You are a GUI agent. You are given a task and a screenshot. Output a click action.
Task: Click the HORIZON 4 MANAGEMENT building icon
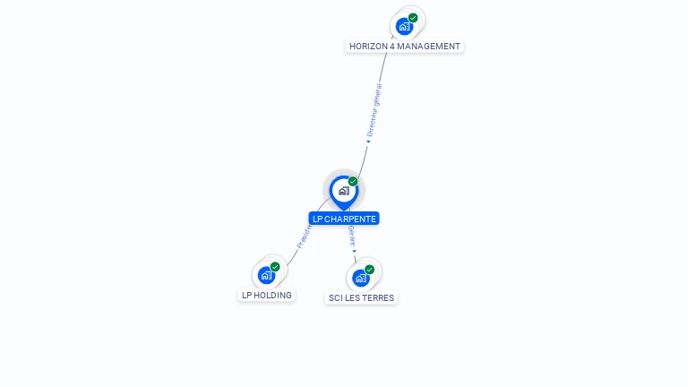(404, 26)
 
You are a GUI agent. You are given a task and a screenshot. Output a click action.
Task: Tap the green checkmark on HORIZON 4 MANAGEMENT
(413, 18)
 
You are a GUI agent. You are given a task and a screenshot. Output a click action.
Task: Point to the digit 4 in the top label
(392, 47)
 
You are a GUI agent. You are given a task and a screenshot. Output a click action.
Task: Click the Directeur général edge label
(375, 109)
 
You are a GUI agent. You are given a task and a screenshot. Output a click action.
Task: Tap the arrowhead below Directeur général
(368, 141)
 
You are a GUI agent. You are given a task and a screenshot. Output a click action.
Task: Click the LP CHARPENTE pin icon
(343, 191)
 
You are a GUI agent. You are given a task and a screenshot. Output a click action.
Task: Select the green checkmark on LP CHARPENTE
(353, 182)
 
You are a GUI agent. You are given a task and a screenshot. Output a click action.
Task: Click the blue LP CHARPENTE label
(344, 219)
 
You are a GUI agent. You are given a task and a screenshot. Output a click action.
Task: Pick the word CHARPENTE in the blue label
(350, 219)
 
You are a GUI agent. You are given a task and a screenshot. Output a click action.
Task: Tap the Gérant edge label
(352, 236)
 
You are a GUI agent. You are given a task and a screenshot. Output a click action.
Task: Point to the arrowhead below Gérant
(355, 252)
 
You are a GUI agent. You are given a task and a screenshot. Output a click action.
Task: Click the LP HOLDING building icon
(266, 275)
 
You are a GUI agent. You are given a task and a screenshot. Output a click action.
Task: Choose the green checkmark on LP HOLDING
(275, 267)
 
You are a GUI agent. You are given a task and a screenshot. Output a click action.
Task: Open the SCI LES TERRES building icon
(361, 278)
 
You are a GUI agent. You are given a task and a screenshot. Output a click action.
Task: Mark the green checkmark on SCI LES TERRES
(369, 270)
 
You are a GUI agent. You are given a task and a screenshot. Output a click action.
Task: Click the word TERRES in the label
(379, 297)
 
